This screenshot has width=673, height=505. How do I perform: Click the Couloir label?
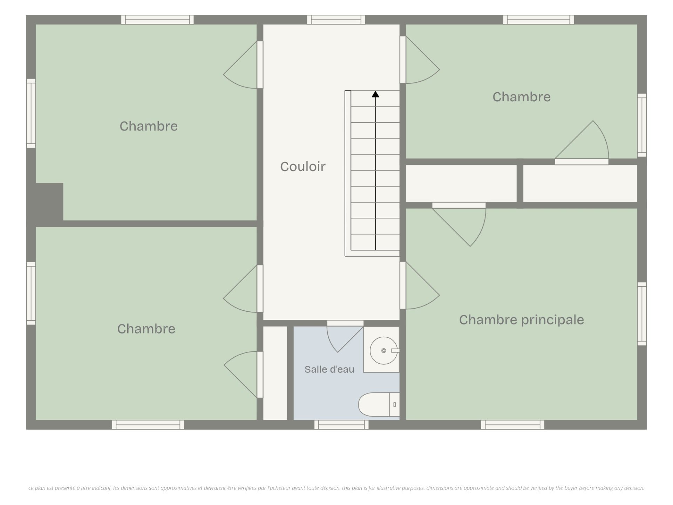(303, 167)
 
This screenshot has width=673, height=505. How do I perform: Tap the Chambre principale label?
(522, 320)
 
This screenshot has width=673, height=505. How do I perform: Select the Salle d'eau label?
(329, 369)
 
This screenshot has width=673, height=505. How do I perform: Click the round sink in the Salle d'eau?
(384, 350)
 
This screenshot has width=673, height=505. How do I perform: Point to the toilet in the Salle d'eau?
(379, 405)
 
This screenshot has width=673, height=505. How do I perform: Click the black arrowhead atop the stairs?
(375, 94)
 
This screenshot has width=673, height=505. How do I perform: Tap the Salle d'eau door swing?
(345, 339)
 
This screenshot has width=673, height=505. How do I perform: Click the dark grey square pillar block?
(49, 202)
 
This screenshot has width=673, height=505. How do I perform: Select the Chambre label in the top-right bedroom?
(522, 97)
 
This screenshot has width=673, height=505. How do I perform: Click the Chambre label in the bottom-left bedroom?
(146, 329)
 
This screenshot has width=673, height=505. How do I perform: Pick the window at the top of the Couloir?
(336, 20)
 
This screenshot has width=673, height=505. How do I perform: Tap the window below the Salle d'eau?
(341, 425)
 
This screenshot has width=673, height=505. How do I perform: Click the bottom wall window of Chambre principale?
(512, 425)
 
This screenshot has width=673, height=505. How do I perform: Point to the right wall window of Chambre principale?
(642, 314)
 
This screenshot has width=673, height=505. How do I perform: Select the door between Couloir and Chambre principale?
(420, 285)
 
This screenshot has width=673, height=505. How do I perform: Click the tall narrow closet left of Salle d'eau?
(275, 373)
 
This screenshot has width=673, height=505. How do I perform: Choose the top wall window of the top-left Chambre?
(157, 20)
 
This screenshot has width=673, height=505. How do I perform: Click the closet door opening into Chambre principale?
(459, 224)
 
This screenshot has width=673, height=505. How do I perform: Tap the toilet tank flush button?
(395, 405)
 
